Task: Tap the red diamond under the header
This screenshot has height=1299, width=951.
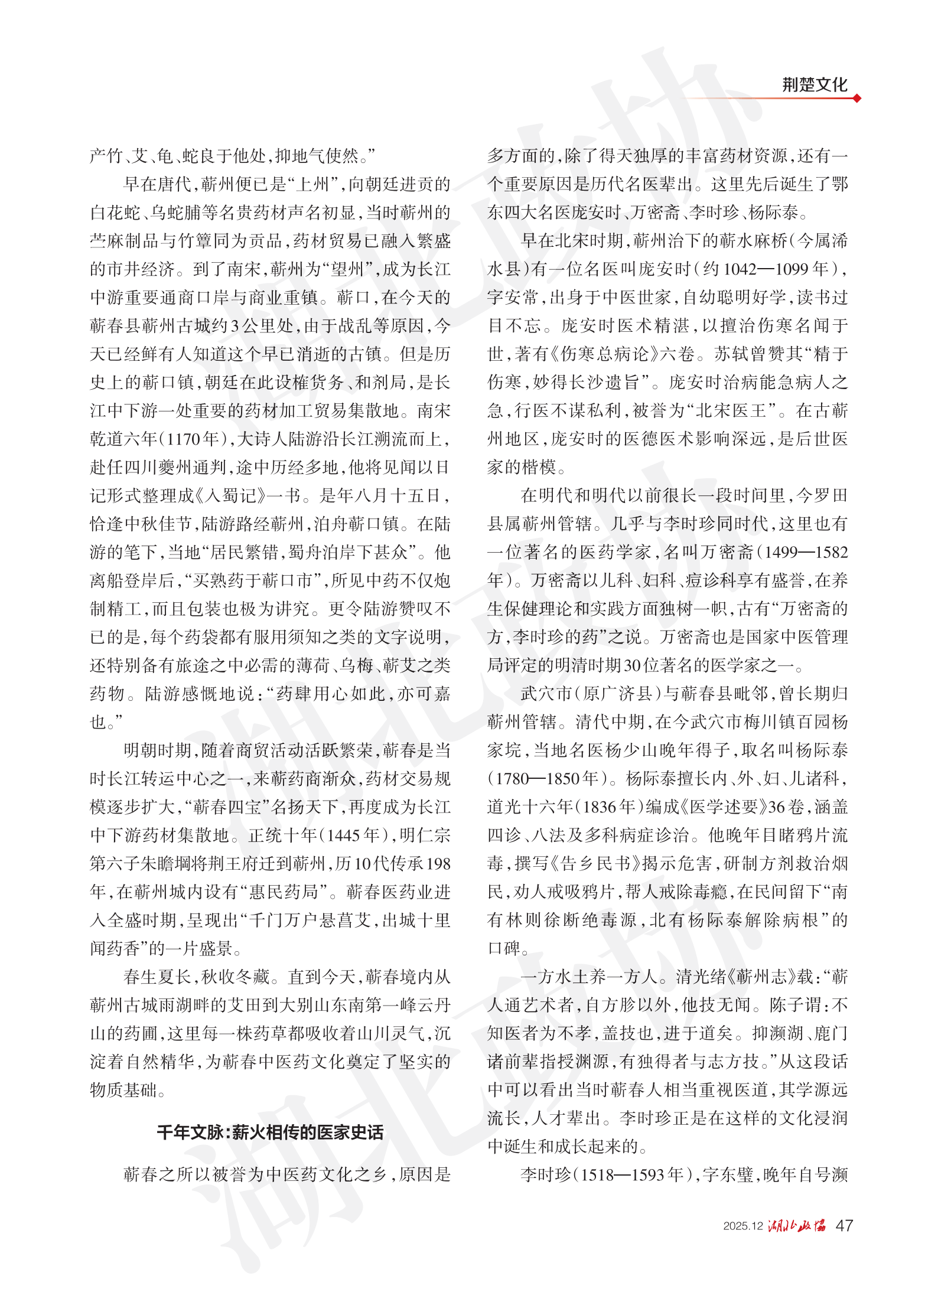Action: [856, 98]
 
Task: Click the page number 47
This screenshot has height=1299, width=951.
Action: [844, 1225]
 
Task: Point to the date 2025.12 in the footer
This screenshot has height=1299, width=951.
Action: [742, 1226]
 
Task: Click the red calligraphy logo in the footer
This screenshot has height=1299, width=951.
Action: [797, 1225]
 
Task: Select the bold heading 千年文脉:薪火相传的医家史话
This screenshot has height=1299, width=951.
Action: [270, 1132]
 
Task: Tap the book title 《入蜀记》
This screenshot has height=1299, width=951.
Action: [235, 495]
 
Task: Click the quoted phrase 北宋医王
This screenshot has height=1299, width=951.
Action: [731, 411]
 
